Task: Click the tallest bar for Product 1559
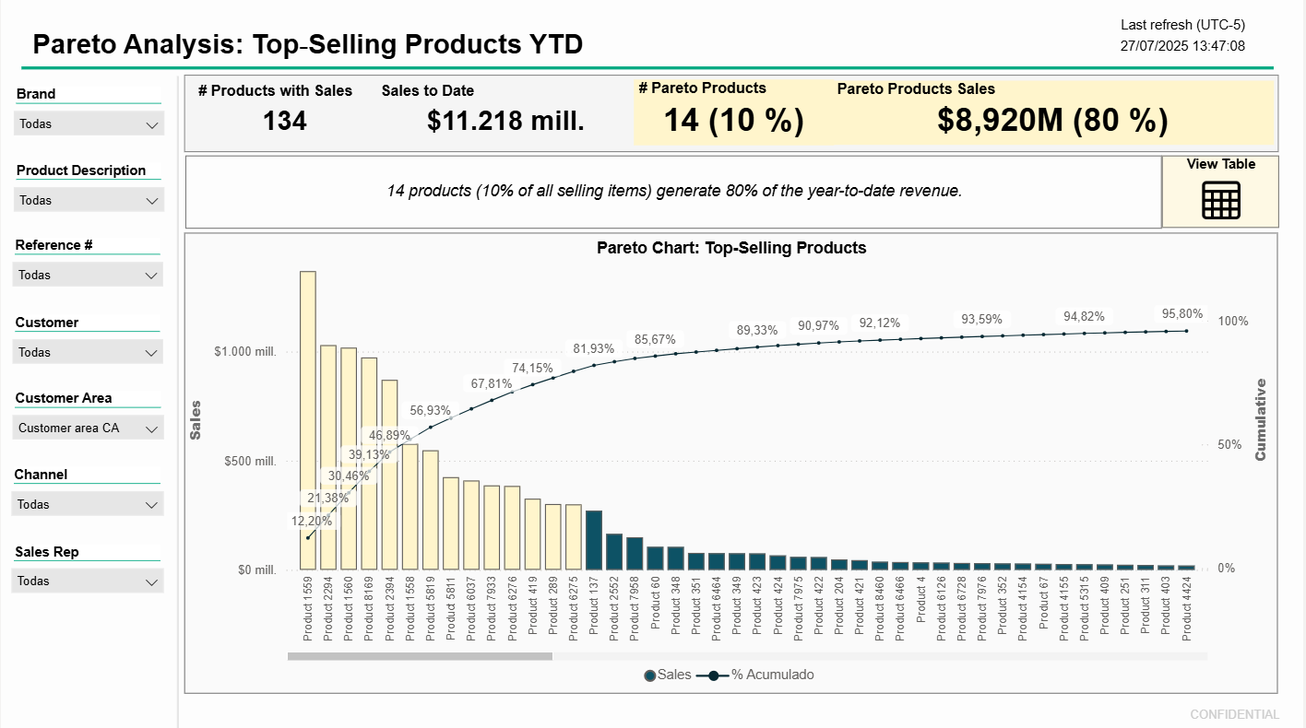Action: (308, 420)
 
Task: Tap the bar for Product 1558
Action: (410, 507)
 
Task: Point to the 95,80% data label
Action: (1181, 313)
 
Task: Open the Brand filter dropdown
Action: (89, 124)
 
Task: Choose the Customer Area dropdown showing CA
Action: (89, 429)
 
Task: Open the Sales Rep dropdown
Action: (89, 581)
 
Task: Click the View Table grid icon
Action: (1220, 200)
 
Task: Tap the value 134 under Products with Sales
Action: (284, 121)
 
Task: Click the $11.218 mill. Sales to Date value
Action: (505, 121)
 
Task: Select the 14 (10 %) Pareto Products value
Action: (733, 121)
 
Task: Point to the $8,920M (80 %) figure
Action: (1052, 121)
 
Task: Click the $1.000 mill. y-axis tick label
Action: (245, 352)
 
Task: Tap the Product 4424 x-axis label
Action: (1187, 608)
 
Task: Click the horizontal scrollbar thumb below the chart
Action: (420, 656)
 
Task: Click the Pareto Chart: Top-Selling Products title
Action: (731, 248)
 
